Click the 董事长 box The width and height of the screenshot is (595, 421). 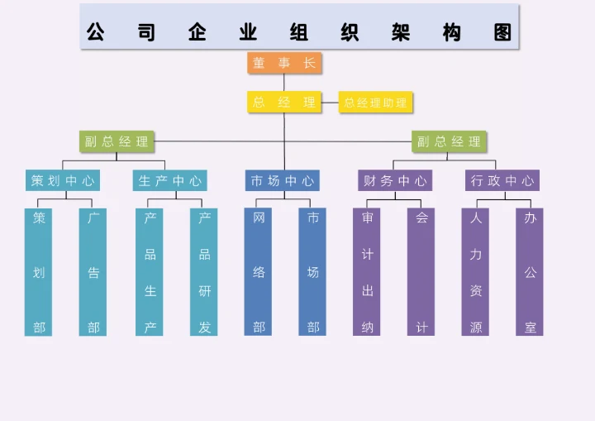[x=284, y=63]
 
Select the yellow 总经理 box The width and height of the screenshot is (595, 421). [x=284, y=103]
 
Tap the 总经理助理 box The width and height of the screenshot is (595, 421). [x=375, y=103]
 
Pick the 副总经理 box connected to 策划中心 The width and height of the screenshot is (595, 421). [x=117, y=141]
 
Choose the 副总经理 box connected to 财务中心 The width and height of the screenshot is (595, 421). [x=449, y=141]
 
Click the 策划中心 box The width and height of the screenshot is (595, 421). [x=63, y=180]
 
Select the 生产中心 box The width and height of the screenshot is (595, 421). [x=169, y=180]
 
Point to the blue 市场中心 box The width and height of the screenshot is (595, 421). [x=283, y=180]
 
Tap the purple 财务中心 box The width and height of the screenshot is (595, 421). [x=395, y=180]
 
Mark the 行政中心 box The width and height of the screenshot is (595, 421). [x=502, y=180]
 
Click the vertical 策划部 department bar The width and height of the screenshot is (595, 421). [x=39, y=272]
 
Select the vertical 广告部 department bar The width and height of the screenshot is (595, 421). [x=93, y=272]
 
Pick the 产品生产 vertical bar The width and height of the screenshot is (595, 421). [x=150, y=272]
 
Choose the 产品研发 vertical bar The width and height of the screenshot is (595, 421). [x=204, y=272]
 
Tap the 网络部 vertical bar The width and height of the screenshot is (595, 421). [x=259, y=272]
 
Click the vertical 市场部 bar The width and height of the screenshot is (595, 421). [x=312, y=272]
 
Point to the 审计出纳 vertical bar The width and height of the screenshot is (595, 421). [x=367, y=272]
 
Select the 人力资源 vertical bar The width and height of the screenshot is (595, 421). [x=475, y=272]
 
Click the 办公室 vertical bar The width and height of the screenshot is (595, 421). [x=530, y=272]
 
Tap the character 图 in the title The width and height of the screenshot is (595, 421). [x=502, y=32]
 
